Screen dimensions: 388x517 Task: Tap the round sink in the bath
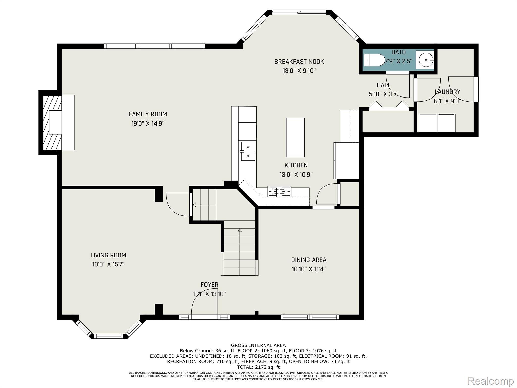425,60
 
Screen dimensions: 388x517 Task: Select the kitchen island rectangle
295,137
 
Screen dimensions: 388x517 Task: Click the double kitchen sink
248,151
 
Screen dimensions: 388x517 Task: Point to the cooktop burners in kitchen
279,191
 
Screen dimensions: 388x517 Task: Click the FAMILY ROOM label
148,114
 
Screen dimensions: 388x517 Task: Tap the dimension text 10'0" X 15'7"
108,264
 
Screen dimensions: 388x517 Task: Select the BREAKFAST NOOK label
299,62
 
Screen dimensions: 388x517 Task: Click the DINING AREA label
308,260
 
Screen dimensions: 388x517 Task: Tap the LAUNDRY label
447,92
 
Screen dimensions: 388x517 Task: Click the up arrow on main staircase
240,230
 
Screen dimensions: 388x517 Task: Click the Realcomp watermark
490,381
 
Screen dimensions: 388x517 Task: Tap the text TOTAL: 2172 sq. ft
258,367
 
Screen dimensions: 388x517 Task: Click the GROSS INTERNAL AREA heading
258,345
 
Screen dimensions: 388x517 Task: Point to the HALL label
383,85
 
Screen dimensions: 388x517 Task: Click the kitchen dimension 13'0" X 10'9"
296,175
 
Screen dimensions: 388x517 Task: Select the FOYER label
209,285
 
